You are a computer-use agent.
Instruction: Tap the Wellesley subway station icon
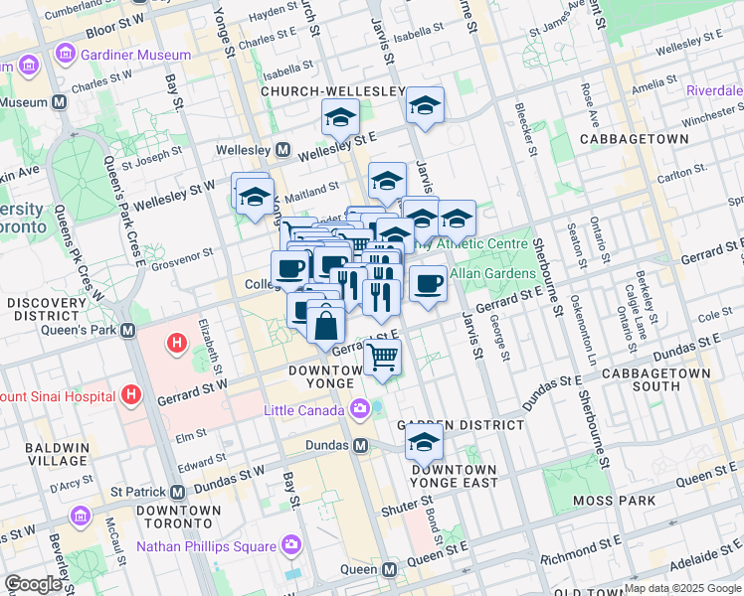point(282,150)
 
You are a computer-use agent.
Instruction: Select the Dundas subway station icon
point(361,446)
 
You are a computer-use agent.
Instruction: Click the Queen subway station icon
point(389,570)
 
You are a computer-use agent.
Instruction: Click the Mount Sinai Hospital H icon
point(129,396)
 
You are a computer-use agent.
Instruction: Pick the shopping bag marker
point(325,324)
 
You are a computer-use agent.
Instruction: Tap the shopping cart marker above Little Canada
point(382,356)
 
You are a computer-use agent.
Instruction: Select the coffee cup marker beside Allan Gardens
point(428,284)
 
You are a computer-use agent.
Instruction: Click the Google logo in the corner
point(33,584)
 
